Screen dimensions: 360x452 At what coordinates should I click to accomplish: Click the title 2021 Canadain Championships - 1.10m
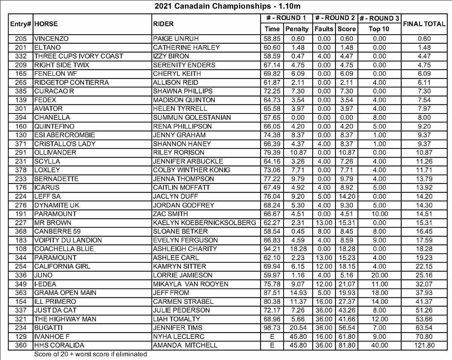[228, 6]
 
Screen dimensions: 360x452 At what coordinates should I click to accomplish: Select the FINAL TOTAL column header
[424, 24]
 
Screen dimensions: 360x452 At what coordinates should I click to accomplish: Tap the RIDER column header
[163, 24]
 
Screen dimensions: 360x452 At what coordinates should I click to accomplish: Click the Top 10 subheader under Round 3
[379, 29]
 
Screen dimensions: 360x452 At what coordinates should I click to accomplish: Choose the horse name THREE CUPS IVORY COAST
[79, 56]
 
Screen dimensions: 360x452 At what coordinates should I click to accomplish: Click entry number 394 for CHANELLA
[21, 118]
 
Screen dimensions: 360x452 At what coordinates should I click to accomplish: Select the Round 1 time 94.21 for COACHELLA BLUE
[272, 249]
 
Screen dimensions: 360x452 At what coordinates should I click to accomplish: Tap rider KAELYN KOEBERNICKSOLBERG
[205, 222]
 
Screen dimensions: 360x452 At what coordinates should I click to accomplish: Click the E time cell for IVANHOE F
[272, 337]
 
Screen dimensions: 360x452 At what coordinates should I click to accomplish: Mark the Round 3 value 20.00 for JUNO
[379, 275]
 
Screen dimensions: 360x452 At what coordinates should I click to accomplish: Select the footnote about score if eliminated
[90, 354]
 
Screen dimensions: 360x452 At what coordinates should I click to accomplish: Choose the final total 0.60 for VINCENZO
[424, 38]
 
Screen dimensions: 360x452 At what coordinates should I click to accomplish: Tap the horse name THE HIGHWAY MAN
[65, 319]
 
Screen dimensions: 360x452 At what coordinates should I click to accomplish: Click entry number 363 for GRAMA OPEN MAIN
[21, 293]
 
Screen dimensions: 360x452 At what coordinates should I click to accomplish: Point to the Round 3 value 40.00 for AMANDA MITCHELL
[379, 345]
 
